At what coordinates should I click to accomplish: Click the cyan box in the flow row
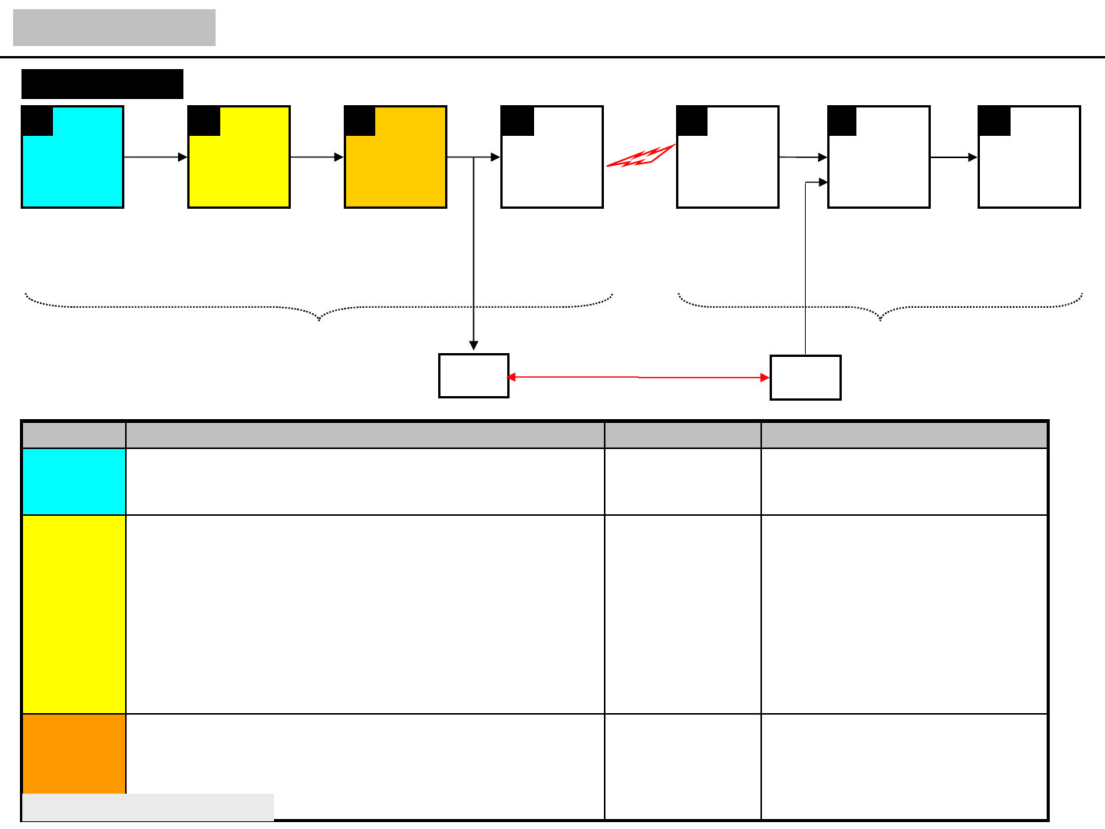pos(73,165)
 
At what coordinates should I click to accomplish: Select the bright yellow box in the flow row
pos(239,165)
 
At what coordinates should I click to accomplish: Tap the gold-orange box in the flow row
pos(396,165)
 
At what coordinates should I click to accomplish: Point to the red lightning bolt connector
pos(640,157)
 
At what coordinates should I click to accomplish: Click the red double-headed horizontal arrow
pos(638,378)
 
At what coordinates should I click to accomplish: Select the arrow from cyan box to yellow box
pos(155,157)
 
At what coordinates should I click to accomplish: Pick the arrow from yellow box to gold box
pos(317,157)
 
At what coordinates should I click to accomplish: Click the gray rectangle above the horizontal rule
pos(114,28)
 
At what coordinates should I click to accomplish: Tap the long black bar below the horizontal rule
pos(102,84)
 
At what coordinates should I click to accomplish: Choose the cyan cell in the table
pos(74,481)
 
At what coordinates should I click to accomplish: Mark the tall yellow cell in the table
pos(74,614)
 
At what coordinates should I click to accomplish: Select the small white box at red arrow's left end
pos(473,376)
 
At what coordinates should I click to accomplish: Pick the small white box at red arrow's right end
pos(805,378)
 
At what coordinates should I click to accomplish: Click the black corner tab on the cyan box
pos(38,121)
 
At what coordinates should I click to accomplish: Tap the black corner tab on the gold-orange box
pos(360,121)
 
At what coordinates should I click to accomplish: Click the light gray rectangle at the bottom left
pos(148,808)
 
